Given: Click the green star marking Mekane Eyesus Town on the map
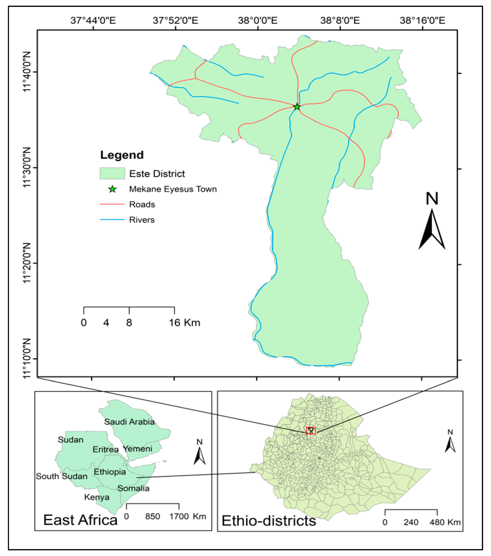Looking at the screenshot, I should pyautogui.click(x=297, y=107).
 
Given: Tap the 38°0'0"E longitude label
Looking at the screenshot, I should pyautogui.click(x=257, y=20).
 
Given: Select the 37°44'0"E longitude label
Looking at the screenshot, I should pyautogui.click(x=93, y=20).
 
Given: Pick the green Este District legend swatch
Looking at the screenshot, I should pyautogui.click(x=112, y=173).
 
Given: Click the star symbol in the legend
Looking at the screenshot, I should pyautogui.click(x=112, y=189).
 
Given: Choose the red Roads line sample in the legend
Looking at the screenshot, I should pyautogui.click(x=112, y=204).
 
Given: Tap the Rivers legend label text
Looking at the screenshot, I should pyautogui.click(x=142, y=220).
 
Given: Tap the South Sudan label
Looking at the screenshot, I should pyautogui.click(x=62, y=476).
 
